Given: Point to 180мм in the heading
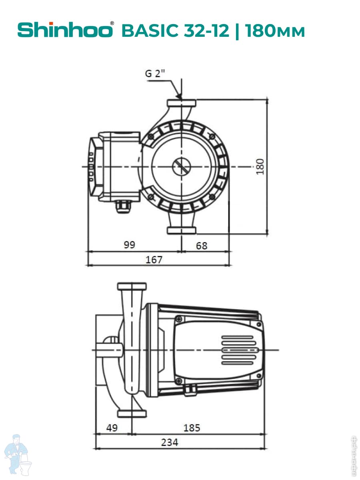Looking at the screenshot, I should [275, 30].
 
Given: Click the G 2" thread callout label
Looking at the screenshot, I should [155, 74].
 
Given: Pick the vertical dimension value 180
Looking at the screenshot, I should [260, 166].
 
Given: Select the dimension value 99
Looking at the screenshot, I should [130, 245].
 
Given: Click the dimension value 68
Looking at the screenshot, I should [202, 245].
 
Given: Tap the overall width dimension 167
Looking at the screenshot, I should [154, 260].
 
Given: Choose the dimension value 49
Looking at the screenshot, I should [112, 428].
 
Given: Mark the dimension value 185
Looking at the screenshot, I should [192, 428].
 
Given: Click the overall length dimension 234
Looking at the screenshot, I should [170, 442].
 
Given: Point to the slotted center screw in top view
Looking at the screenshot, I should [182, 166].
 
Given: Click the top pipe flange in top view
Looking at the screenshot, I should [182, 104].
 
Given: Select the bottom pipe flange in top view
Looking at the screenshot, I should [182, 230].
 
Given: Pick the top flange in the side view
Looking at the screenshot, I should [132, 286].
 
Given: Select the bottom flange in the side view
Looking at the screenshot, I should [132, 413].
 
